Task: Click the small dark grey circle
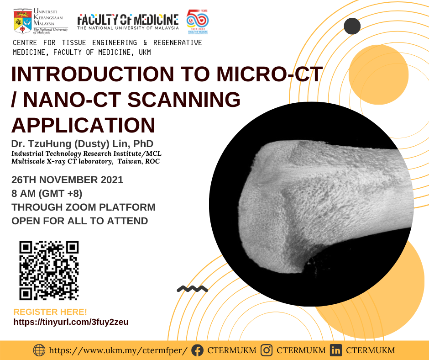click(352, 26)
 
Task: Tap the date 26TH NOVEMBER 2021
click(67, 180)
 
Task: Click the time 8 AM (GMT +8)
click(47, 194)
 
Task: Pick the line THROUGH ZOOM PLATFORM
click(84, 207)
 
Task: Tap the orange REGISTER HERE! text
click(50, 312)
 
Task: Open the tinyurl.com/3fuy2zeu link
click(71, 322)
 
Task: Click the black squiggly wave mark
click(192, 289)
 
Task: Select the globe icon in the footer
click(40, 351)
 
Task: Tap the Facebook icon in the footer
click(197, 351)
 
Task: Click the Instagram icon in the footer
click(267, 351)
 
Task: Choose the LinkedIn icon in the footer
click(336, 351)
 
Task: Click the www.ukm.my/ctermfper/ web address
click(118, 351)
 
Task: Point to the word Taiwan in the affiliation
click(130, 162)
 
